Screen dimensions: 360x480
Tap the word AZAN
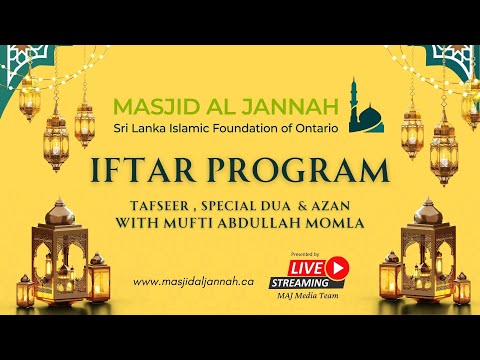pos(325,205)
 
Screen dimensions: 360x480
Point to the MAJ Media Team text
pos(319,297)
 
